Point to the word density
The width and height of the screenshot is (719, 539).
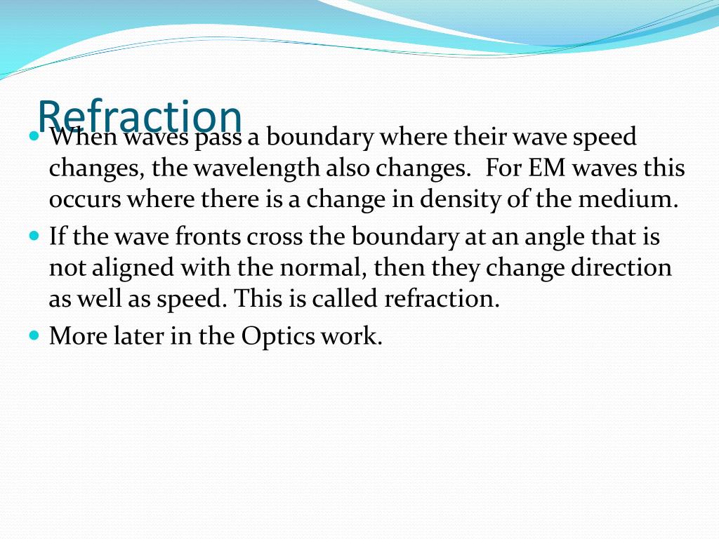click(460, 199)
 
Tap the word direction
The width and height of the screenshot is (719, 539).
click(621, 267)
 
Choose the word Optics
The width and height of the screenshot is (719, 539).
click(278, 336)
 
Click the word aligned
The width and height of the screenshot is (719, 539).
click(133, 268)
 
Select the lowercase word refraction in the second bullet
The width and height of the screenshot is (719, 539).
click(442, 298)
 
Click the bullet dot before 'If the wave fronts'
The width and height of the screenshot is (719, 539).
click(34, 236)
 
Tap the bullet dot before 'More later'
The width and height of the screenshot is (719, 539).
click(34, 335)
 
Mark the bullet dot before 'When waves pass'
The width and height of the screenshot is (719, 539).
click(34, 136)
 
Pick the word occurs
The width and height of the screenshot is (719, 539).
click(85, 200)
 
